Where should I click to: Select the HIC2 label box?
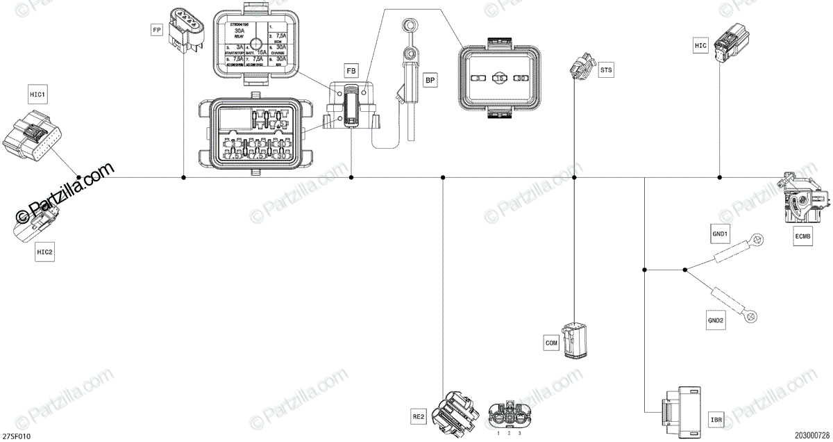point(44,252)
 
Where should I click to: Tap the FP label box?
point(157,29)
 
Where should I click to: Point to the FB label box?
point(351,71)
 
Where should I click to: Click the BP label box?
point(430,81)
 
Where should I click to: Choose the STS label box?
point(607,69)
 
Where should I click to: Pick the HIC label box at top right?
point(700,45)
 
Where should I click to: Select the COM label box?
point(552,343)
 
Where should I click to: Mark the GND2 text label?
point(716,320)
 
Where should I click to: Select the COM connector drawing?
point(577,341)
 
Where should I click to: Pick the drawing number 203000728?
point(812,436)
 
